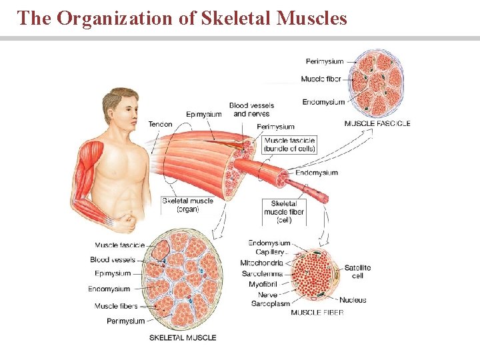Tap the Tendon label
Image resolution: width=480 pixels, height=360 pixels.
(160, 124)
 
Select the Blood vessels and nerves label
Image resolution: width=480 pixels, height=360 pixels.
(251, 109)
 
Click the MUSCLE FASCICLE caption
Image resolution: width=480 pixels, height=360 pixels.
(377, 123)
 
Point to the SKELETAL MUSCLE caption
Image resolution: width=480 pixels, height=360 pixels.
(183, 337)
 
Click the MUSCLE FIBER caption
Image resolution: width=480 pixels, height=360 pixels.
(317, 313)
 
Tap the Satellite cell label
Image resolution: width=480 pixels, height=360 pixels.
(357, 271)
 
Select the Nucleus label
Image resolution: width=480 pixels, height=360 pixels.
(353, 300)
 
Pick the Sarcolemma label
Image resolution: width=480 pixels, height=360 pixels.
(262, 273)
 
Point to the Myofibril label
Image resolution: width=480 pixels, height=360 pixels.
(262, 284)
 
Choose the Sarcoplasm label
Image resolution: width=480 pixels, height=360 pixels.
(271, 304)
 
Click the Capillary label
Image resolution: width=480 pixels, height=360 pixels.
(270, 252)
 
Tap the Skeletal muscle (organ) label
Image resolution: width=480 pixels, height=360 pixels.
(187, 205)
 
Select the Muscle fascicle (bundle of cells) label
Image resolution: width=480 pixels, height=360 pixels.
(289, 145)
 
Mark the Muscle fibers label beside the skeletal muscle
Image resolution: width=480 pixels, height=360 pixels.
(116, 306)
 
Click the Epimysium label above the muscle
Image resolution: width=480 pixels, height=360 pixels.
(204, 114)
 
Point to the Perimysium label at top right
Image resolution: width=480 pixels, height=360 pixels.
(325, 61)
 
